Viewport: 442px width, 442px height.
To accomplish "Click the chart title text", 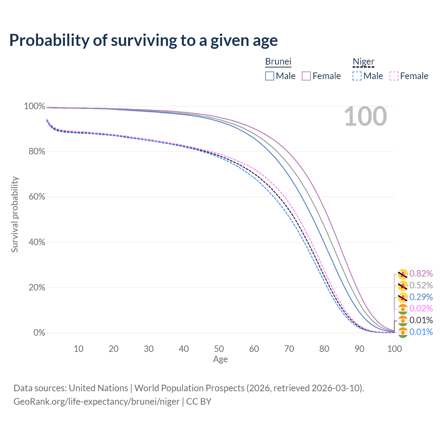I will tap(143, 40).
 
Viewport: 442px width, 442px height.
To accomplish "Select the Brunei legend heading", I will tap(278, 61).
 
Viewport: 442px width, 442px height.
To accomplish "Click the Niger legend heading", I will tap(363, 62).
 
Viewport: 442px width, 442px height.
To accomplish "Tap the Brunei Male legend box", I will tap(270, 76).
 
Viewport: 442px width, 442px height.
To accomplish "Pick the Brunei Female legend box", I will tap(306, 76).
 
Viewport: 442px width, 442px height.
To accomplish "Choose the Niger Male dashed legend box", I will tap(357, 76).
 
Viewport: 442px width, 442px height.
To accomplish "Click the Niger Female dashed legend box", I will tap(394, 76).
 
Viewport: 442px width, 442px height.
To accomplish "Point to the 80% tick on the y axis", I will tap(35, 152).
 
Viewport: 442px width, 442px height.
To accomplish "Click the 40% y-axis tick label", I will tap(35, 242).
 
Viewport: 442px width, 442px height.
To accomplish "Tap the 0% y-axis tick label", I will tap(39, 333).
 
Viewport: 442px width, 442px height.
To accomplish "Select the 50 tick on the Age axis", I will tap(219, 349).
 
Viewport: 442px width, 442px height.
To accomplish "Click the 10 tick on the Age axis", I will tap(78, 349).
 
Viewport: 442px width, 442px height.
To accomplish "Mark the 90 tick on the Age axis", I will tap(359, 349).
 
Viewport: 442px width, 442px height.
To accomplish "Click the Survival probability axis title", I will tap(15, 214).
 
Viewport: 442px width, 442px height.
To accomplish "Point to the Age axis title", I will tap(220, 359).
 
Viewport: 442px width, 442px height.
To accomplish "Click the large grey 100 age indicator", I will tap(365, 117).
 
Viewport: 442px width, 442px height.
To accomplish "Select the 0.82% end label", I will tap(421, 274).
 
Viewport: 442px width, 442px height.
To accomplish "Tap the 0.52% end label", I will tap(421, 286).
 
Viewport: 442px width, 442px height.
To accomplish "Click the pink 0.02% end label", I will tap(421, 308).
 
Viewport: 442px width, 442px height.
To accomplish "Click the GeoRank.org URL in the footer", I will tap(96, 402).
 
